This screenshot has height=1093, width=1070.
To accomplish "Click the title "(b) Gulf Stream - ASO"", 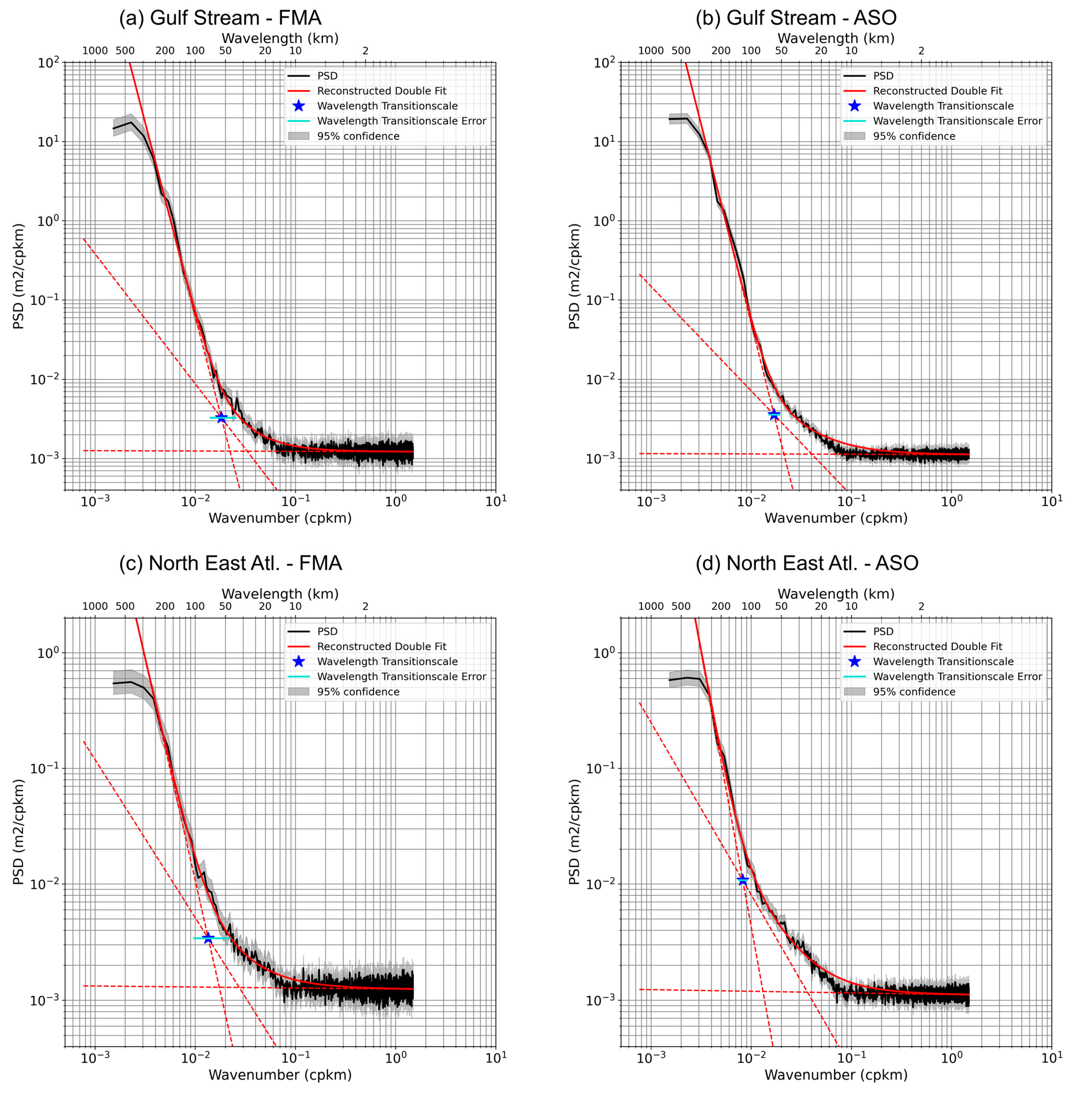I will point(796,18).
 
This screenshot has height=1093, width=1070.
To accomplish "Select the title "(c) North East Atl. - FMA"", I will point(230,563).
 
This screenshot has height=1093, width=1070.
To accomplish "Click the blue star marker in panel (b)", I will point(774,414).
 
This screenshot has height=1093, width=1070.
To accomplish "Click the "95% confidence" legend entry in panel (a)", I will point(358,136).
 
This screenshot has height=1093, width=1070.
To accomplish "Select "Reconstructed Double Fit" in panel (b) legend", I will point(937,91).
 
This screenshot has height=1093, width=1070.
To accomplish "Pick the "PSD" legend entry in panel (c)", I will point(327,632).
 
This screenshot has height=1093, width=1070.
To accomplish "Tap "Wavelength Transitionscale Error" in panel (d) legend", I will point(957,677).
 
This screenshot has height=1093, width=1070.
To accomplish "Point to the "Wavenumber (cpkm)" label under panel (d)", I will point(836,1075).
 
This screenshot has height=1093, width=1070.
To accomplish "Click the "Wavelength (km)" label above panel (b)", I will point(836,38).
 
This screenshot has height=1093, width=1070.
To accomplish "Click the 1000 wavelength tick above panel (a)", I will point(95,50).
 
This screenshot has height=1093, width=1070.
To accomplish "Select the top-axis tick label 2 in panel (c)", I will point(365,606).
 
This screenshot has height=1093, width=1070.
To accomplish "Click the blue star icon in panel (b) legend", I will point(854,106).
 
